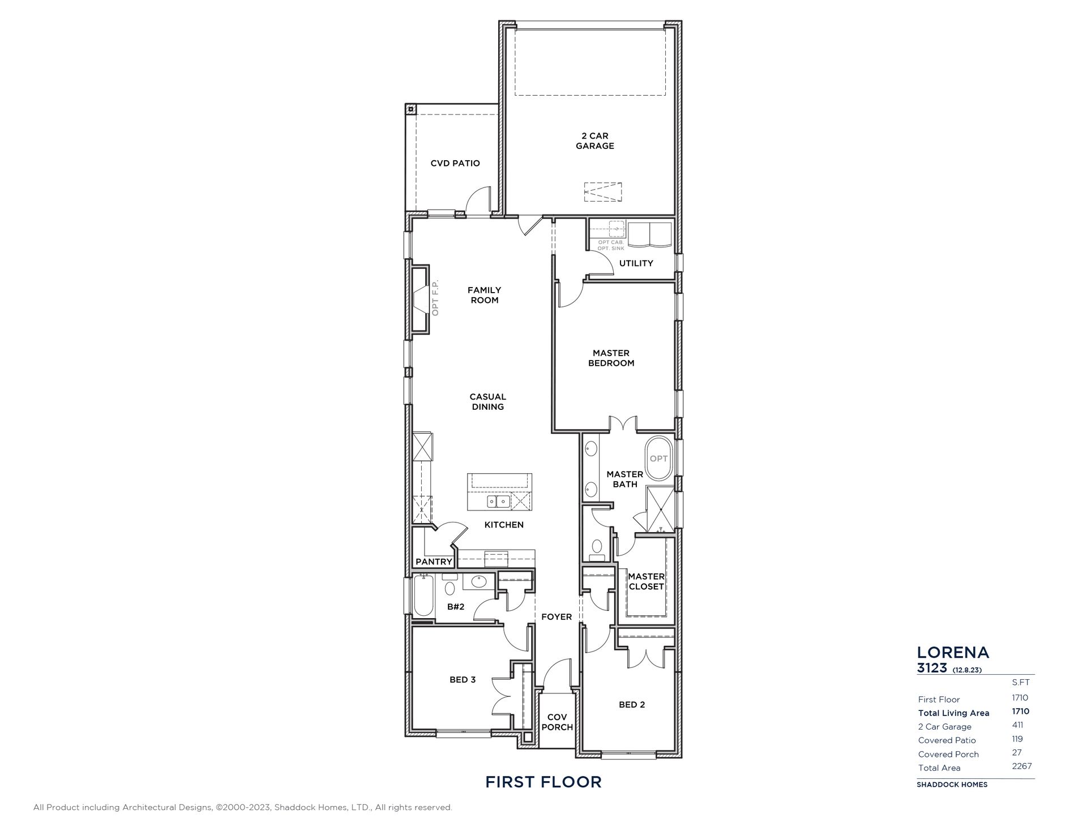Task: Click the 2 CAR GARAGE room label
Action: point(594,141)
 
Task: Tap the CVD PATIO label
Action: point(455,164)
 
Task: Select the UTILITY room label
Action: point(636,263)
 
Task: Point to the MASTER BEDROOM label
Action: point(611,358)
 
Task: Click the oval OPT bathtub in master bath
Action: point(658,458)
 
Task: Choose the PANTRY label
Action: point(434,562)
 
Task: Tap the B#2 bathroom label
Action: point(456,607)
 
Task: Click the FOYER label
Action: point(557,617)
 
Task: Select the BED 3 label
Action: point(463,680)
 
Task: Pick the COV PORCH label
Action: point(557,722)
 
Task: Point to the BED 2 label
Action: point(632,705)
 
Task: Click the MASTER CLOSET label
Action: point(646,582)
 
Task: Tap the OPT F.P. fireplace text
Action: point(435,298)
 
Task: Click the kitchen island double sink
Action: point(498,502)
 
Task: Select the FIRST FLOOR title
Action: point(543,782)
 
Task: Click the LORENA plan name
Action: point(953,653)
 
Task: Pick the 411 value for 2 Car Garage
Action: point(1017,725)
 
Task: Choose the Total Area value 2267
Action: point(1022,766)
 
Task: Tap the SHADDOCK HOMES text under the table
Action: point(952,785)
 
